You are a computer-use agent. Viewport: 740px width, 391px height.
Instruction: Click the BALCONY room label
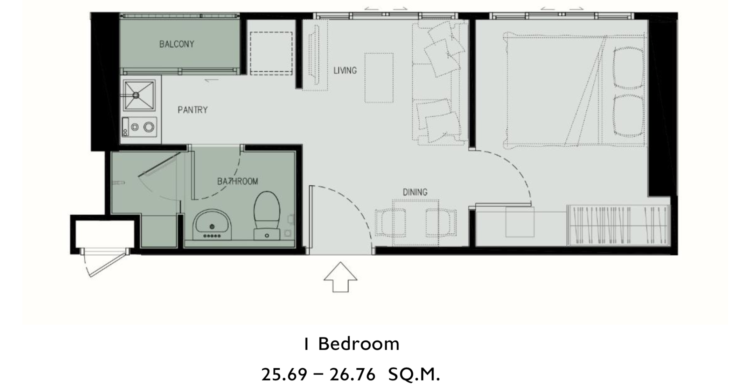[x=176, y=44]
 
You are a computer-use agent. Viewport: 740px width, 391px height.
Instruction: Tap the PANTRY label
[x=193, y=110]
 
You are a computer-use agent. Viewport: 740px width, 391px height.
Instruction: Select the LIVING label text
[x=345, y=70]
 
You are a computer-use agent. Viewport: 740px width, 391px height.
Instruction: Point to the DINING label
[x=415, y=192]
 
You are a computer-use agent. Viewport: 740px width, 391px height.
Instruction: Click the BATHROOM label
[x=237, y=181]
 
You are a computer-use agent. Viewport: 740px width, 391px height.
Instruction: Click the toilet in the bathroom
[x=267, y=215]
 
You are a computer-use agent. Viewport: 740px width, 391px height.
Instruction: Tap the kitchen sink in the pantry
[x=139, y=95]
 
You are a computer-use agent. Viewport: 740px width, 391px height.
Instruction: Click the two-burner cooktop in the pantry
[x=139, y=127]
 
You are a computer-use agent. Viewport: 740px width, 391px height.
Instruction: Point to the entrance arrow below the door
[x=340, y=277]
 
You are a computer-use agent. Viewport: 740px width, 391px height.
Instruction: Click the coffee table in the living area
[x=379, y=78]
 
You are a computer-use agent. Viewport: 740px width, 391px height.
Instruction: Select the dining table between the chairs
[x=416, y=223]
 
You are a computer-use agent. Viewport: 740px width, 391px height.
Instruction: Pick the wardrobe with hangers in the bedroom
[x=618, y=225]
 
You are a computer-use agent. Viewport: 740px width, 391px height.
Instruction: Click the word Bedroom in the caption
[x=358, y=344]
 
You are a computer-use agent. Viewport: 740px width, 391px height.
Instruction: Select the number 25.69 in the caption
[x=284, y=375]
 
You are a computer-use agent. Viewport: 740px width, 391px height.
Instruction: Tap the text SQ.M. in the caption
[x=414, y=375]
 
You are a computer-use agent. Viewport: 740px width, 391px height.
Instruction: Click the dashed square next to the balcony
[x=271, y=53]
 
